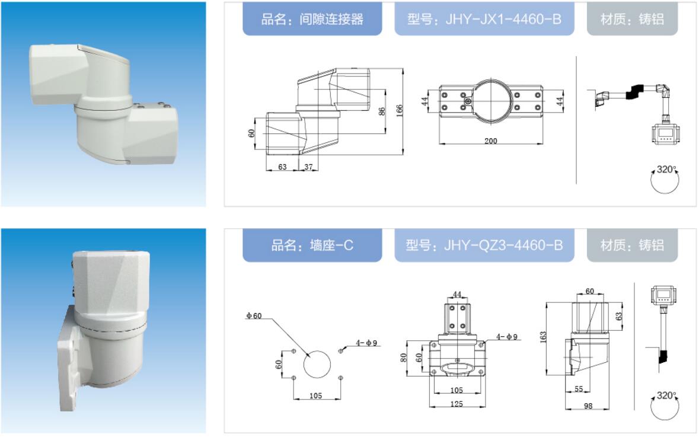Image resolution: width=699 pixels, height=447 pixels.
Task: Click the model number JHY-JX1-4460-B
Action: [x=503, y=19]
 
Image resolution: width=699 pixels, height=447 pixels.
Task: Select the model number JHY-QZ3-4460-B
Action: [x=503, y=245]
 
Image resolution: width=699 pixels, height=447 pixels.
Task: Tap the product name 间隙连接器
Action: [x=331, y=19]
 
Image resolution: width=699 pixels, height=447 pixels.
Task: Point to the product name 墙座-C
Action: [x=331, y=245]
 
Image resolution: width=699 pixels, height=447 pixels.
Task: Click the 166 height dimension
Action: [x=400, y=110]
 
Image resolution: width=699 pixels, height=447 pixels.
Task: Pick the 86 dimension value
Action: [x=382, y=111]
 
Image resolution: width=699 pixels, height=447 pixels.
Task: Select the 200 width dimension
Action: [x=490, y=141]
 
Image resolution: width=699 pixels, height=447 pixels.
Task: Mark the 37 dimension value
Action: [x=308, y=167]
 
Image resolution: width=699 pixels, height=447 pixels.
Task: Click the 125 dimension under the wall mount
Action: [x=457, y=404]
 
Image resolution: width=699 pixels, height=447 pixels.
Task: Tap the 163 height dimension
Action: [x=543, y=337]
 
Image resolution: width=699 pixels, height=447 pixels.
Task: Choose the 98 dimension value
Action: [x=588, y=406]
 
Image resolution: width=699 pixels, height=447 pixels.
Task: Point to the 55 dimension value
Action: [x=579, y=389]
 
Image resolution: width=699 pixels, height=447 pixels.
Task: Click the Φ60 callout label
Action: [x=254, y=315]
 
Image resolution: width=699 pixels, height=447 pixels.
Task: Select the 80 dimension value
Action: [x=403, y=357]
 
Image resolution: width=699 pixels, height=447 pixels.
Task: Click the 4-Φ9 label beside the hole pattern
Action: [x=366, y=343]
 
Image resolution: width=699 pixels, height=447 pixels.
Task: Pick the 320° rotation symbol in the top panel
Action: [x=665, y=180]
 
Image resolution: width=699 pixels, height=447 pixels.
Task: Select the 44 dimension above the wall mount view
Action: [x=457, y=294]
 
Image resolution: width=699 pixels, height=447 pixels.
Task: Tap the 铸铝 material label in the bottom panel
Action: [x=652, y=245]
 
